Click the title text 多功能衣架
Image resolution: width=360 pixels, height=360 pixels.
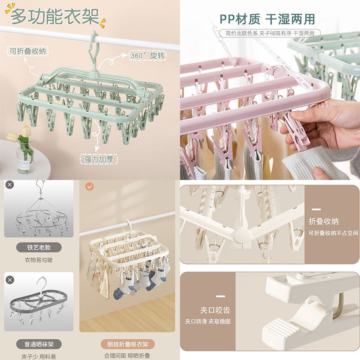[x=55, y=17]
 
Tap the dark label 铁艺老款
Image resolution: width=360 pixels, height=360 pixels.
[x=39, y=247]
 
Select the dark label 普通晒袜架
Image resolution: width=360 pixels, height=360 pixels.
[x=39, y=344]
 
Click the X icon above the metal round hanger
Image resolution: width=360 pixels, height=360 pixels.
[x=10, y=184]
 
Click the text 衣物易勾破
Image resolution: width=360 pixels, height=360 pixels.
[x=39, y=260]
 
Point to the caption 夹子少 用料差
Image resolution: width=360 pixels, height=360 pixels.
[x=39, y=355]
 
